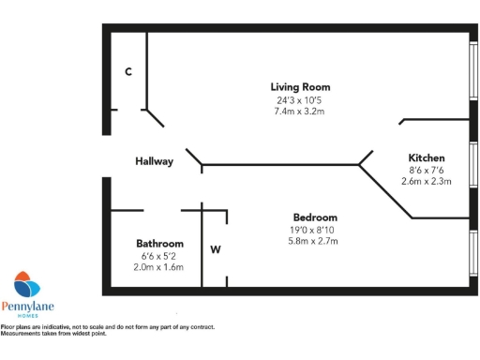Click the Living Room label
300,87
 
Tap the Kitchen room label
426,157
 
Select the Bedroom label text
314,217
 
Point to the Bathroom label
159,243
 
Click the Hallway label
154,161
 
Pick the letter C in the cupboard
127,71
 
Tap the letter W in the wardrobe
215,249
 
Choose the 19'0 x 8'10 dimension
314,230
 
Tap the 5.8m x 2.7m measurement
314,241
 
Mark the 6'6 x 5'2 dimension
159,255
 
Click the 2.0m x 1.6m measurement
159,266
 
